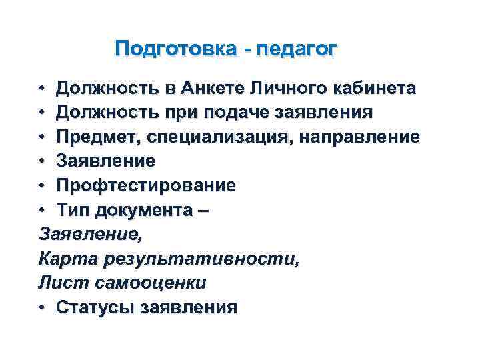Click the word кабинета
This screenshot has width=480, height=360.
(x=373, y=88)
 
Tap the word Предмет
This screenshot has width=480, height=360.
(x=98, y=137)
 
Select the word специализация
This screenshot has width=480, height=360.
(x=213, y=137)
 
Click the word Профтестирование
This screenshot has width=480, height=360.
(x=146, y=185)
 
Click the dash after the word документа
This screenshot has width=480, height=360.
(x=204, y=210)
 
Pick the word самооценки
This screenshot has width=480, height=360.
(x=151, y=283)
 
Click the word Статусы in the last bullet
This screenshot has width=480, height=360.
(x=95, y=307)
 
